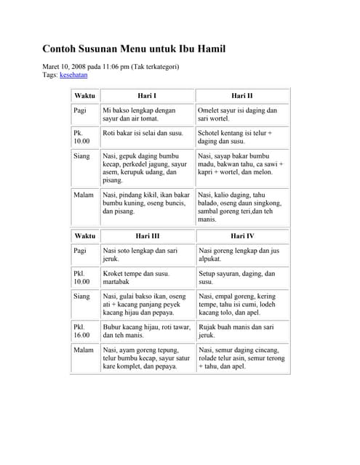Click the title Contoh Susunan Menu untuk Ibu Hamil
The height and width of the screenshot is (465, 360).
(134, 49)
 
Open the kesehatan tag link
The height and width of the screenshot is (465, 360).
(73, 75)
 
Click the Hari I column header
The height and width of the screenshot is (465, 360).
(147, 95)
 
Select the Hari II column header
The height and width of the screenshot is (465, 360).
(242, 95)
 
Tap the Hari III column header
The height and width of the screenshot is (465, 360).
(147, 236)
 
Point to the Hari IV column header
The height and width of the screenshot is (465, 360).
(242, 236)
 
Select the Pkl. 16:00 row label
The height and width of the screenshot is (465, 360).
(82, 331)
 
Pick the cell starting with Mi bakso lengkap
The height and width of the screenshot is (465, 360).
(140, 114)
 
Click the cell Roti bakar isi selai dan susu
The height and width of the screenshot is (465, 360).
(143, 134)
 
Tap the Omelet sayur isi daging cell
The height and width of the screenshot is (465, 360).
(237, 114)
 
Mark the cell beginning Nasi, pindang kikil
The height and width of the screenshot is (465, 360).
(146, 203)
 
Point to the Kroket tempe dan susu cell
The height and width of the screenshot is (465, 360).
(137, 278)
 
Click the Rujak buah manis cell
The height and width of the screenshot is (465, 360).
(236, 331)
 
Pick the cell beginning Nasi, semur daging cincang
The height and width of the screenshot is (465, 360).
(241, 358)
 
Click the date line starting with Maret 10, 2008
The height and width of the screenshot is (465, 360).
(111, 66)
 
